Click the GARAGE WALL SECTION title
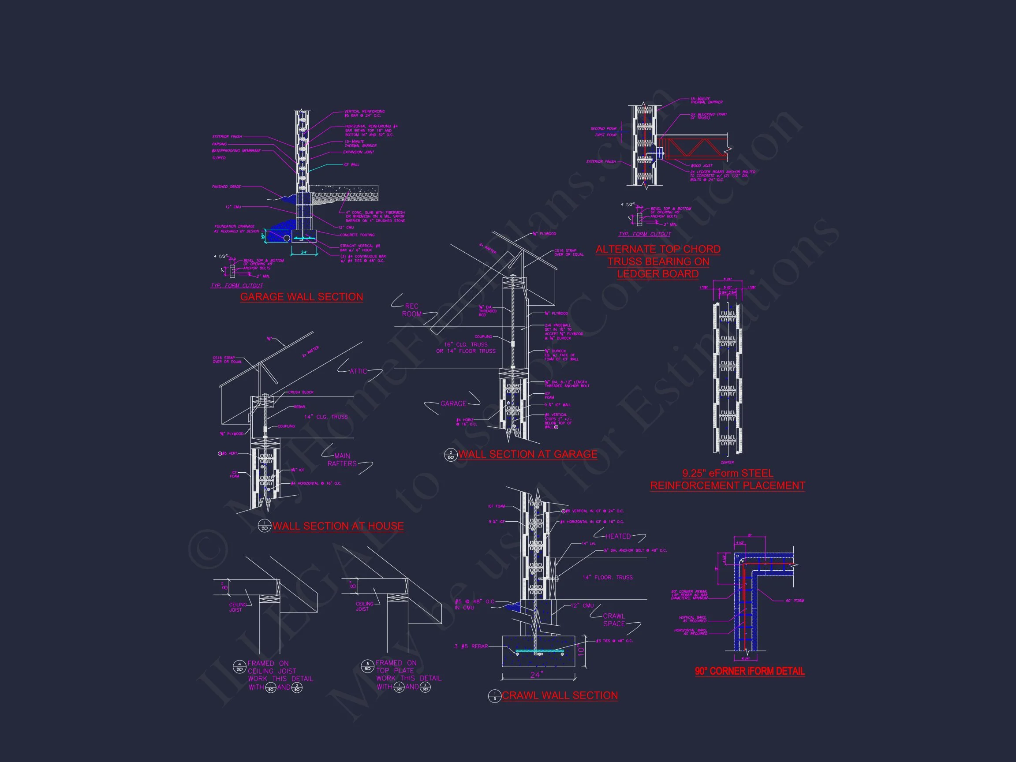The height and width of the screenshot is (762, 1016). point(301,297)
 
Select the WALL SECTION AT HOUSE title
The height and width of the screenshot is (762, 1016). point(338,526)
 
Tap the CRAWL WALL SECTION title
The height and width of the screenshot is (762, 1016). point(560,695)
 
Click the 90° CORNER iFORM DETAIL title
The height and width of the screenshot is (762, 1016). point(750,671)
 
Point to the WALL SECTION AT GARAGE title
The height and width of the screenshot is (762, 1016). point(528,454)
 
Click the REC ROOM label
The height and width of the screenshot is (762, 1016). point(411,310)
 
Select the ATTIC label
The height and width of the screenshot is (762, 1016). point(358,371)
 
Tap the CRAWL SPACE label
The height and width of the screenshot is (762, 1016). point(614,620)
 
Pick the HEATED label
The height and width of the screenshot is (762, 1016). point(618,537)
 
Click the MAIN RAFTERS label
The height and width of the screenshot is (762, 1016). point(342,460)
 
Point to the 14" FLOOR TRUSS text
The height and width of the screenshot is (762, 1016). point(607,577)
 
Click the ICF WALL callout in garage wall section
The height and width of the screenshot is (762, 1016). point(352,165)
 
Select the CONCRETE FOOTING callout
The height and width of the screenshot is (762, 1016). point(357,235)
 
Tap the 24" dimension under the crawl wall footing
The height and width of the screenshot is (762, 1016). point(537,675)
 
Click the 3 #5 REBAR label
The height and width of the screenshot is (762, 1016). point(471,646)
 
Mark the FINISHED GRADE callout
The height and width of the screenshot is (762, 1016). point(227,187)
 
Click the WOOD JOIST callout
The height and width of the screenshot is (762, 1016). point(702,166)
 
